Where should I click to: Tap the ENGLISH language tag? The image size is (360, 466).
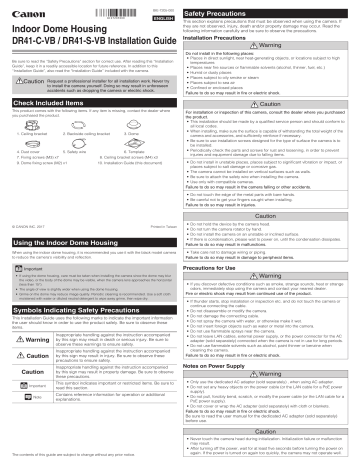click(163, 16)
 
